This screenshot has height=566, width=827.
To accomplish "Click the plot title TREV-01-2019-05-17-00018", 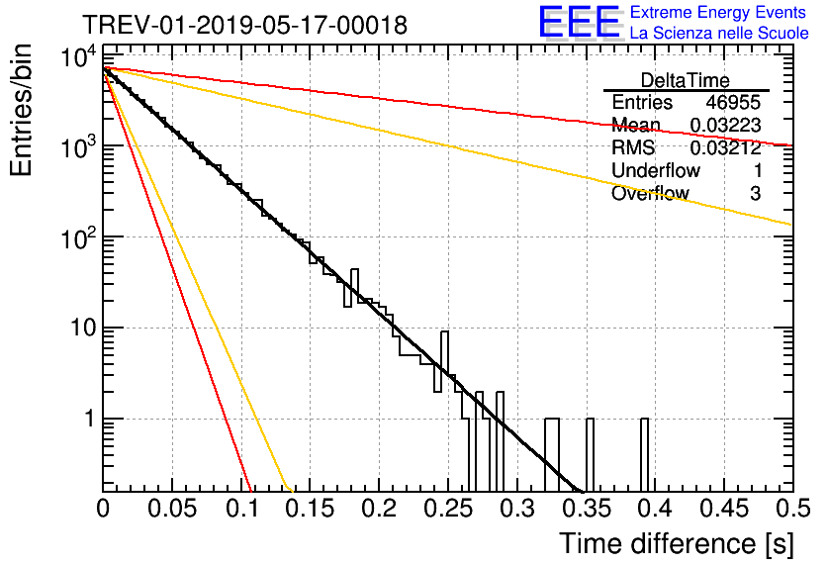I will [243, 26].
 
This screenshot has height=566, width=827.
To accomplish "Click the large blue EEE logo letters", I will [579, 22].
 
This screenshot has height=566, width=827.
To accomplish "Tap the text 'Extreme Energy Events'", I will [719, 13].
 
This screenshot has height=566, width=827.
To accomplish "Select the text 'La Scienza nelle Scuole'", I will [719, 34].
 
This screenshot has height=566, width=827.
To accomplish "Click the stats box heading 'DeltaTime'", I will [686, 80].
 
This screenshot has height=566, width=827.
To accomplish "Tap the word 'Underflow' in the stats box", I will [655, 171].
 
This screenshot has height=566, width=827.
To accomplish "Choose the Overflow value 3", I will [755, 194].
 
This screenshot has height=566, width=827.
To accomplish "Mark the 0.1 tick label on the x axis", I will [240, 510].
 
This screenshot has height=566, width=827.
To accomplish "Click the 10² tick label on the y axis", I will [77, 237].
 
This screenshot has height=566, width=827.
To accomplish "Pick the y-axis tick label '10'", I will [80, 329].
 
